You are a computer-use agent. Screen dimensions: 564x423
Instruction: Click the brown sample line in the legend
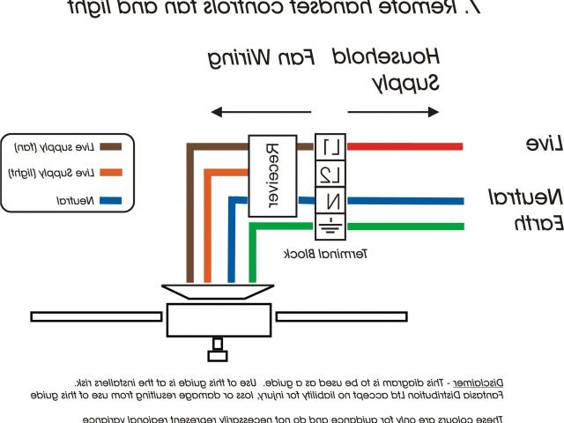(x=110, y=146)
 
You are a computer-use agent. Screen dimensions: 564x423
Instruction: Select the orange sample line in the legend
(x=110, y=174)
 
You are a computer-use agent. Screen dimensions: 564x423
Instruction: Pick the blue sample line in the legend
(x=110, y=202)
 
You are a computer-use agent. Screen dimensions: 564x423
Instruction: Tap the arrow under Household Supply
(x=393, y=112)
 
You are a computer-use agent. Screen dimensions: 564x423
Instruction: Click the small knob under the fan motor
(x=217, y=355)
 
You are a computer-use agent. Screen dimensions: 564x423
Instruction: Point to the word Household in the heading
(x=397, y=58)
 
